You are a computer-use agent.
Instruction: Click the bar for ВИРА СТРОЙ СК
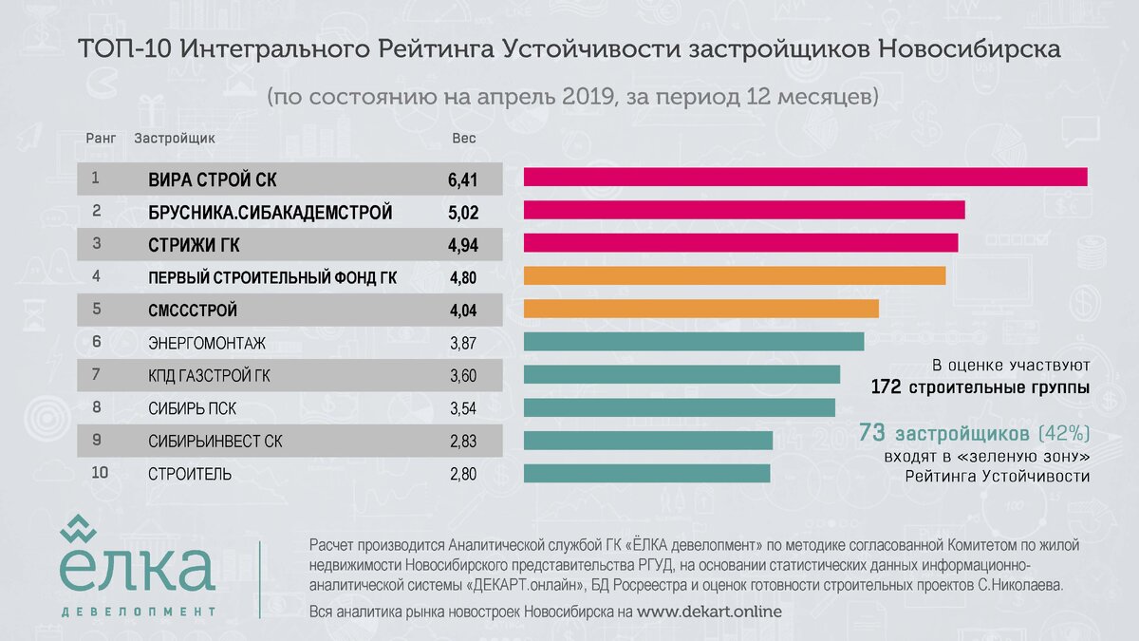805,177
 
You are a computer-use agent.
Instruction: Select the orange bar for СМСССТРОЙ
700,309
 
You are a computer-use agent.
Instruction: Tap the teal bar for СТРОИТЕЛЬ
646,473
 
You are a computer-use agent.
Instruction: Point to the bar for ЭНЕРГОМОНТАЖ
693,342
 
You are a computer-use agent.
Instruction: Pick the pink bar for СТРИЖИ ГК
740,243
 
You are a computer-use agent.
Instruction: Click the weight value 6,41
461,179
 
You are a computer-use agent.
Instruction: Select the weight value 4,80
461,278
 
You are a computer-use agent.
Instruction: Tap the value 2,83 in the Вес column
461,442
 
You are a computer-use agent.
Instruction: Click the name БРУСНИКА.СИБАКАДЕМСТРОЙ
270,213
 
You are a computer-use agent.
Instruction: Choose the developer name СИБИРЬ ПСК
192,409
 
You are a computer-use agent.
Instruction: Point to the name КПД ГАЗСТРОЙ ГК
209,376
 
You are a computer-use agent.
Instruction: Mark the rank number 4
96,277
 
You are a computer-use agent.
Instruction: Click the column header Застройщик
175,138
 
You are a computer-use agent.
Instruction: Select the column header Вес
463,138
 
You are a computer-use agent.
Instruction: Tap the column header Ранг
101,138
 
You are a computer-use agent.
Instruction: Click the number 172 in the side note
887,388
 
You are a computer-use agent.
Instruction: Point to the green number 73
872,433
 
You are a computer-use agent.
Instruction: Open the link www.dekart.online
709,613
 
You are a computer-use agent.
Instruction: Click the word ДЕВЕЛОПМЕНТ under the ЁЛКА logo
138,611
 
